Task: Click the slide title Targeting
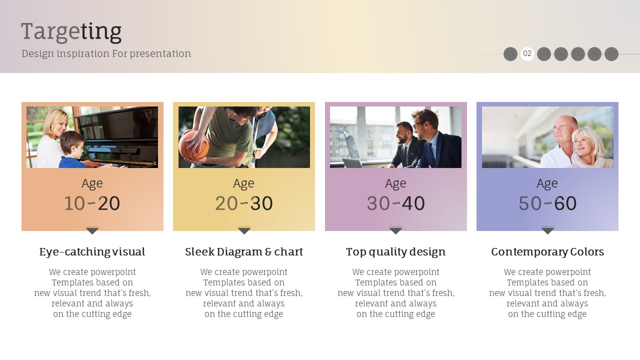click(x=71, y=32)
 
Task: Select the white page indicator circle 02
click(x=527, y=53)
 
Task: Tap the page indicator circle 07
click(x=611, y=54)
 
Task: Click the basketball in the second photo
click(x=193, y=145)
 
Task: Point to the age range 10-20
click(x=92, y=203)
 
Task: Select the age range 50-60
click(x=547, y=203)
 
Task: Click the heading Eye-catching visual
click(x=92, y=251)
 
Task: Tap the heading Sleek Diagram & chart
click(x=243, y=251)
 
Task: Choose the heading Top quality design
click(x=395, y=251)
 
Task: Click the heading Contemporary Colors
click(x=547, y=251)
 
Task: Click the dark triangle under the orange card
click(x=92, y=231)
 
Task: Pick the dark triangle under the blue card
click(x=547, y=231)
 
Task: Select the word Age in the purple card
click(x=395, y=183)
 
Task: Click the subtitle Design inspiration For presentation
click(x=106, y=53)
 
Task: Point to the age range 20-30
click(x=243, y=203)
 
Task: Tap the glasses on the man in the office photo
click(x=418, y=124)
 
